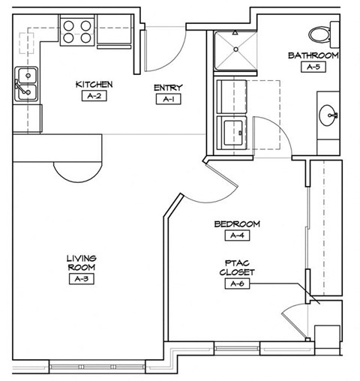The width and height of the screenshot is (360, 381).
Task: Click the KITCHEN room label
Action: [x=94, y=84]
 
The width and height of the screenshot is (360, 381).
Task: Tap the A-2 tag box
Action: [x=94, y=96]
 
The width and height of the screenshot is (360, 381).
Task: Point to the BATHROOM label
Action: [x=313, y=55]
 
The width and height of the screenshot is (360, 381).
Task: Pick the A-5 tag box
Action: [x=313, y=67]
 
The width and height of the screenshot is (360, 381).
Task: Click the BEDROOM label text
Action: [x=236, y=223]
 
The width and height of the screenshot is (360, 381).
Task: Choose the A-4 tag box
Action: [x=237, y=235]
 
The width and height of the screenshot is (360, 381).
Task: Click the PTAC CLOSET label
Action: [x=236, y=267]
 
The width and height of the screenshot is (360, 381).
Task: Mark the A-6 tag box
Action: [x=237, y=283]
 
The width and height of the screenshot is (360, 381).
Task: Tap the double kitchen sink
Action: [x=27, y=83]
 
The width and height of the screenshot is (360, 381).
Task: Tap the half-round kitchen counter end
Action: [x=75, y=172]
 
